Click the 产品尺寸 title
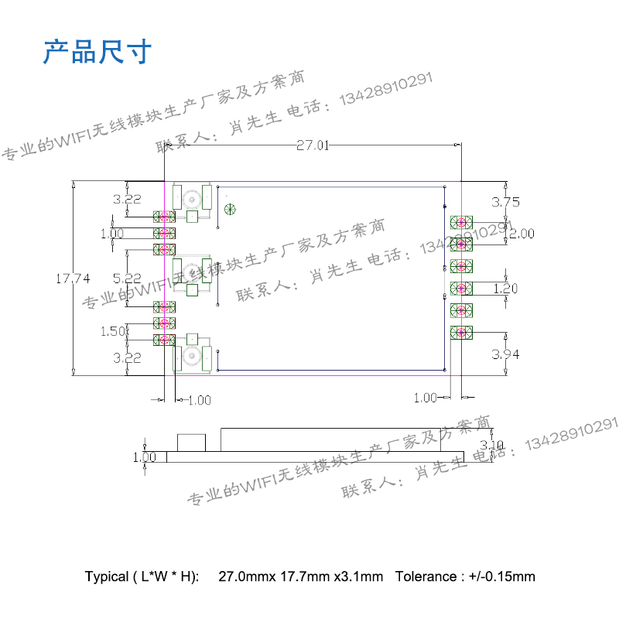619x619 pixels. [97, 53]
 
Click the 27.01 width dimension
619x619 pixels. [313, 145]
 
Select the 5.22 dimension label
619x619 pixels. [127, 278]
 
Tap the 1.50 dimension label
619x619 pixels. [113, 331]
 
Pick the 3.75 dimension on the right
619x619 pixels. [506, 202]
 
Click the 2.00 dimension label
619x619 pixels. [521, 234]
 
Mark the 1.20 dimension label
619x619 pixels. [506, 289]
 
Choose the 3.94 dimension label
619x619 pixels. [506, 354]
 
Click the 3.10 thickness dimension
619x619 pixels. [492, 445]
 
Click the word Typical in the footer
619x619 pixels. [107, 576]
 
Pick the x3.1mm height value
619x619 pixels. [358, 576]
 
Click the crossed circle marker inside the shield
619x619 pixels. [229, 209]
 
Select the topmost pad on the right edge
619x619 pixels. [462, 223]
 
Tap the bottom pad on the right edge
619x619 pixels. [462, 333]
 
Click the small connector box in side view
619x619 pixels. [193, 443]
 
